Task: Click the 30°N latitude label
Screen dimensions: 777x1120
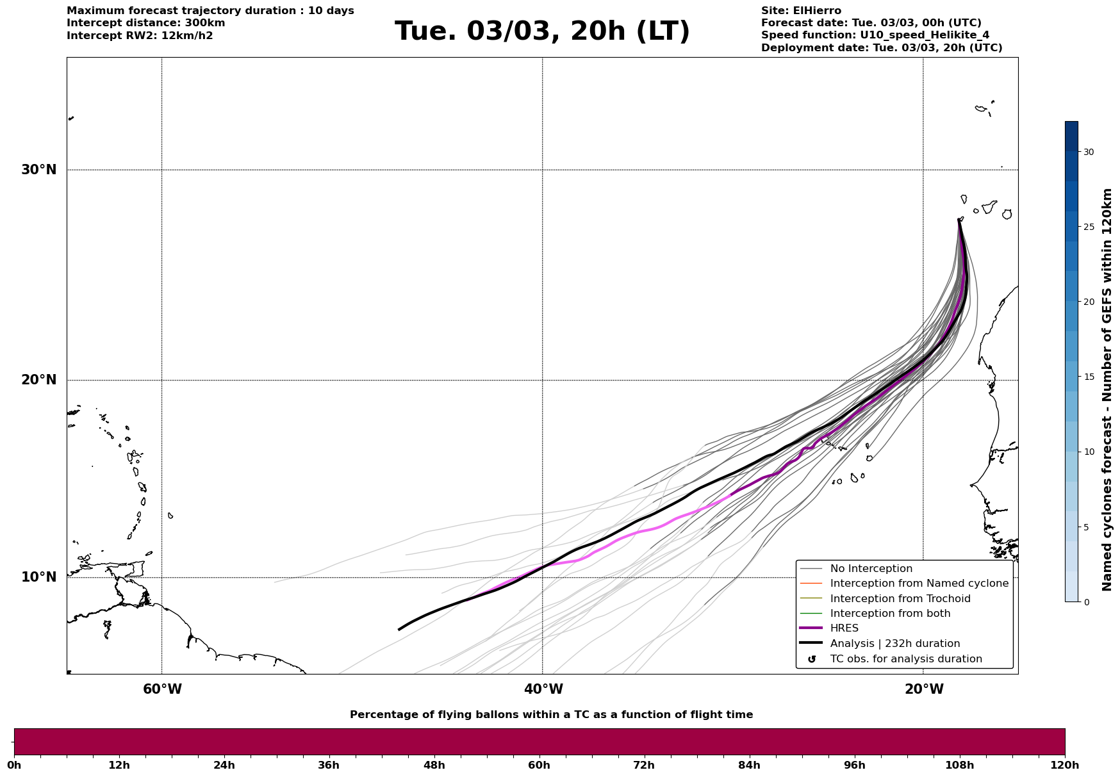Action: [38, 170]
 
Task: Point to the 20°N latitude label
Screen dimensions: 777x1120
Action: [38, 380]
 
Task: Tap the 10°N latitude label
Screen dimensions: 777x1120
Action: [38, 577]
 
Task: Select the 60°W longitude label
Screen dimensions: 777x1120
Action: [162, 689]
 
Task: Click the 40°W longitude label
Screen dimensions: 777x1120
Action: [543, 689]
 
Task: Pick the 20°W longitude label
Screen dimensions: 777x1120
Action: [924, 689]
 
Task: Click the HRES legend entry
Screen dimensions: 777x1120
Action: [844, 628]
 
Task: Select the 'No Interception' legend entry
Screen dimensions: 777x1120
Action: [871, 569]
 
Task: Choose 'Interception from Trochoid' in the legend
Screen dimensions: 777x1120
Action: [900, 599]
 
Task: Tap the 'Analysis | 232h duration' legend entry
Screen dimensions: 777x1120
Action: [894, 644]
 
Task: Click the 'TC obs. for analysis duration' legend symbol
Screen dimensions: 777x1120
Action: [812, 659]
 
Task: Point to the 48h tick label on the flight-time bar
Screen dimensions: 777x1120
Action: [434, 765]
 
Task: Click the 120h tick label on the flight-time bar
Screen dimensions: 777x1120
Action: [1065, 765]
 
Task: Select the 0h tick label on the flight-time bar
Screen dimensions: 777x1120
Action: [14, 765]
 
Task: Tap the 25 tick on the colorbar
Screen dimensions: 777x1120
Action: [1089, 227]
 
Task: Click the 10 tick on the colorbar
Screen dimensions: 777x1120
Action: [1089, 452]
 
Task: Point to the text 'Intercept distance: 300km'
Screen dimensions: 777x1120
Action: [145, 23]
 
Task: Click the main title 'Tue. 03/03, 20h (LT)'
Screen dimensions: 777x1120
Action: [542, 31]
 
